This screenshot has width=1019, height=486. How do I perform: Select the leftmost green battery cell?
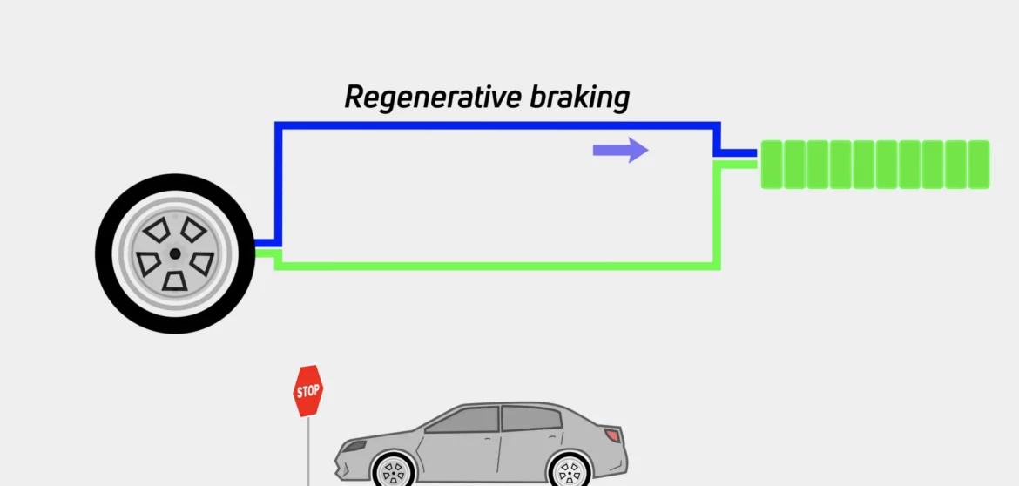click(772, 164)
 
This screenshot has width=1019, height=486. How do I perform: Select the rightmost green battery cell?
click(979, 164)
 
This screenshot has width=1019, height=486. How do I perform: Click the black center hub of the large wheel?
click(175, 253)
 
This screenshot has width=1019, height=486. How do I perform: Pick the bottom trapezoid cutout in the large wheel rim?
click(177, 281)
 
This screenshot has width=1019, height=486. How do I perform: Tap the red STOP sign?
click(307, 391)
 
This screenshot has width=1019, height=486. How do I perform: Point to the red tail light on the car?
click(613, 434)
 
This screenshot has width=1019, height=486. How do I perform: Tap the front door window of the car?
click(465, 421)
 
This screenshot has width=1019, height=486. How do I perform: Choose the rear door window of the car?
click(530, 419)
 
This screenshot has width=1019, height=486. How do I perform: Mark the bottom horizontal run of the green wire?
click(496, 265)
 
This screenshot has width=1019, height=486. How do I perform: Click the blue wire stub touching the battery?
click(739, 153)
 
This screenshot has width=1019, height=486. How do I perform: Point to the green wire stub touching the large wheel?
click(266, 253)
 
